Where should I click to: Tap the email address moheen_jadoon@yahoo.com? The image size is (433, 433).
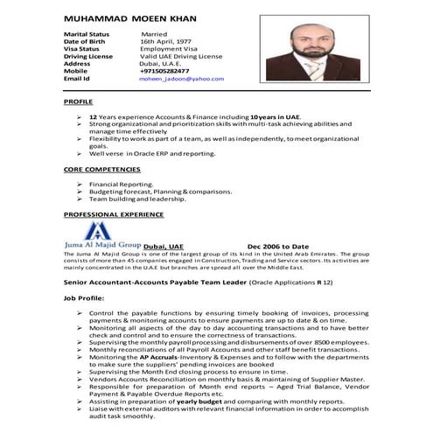(181, 79)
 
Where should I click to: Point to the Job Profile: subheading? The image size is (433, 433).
(83, 298)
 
